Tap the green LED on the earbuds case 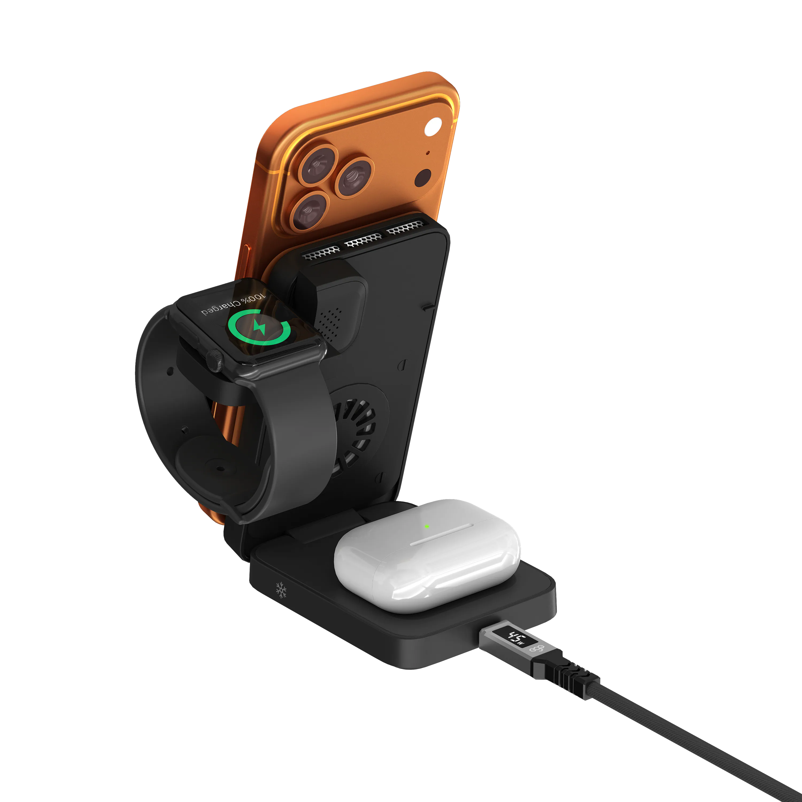point(427,526)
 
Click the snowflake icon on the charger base point(281,590)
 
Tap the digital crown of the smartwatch point(215,360)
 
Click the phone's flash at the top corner point(433,126)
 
